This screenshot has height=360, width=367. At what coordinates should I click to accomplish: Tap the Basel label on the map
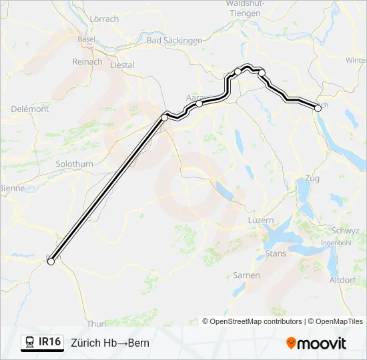click(x=87, y=39)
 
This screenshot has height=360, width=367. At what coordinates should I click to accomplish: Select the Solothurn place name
click(x=75, y=163)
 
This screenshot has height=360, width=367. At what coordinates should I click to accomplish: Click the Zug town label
click(x=312, y=179)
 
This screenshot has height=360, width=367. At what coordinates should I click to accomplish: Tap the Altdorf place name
click(x=343, y=280)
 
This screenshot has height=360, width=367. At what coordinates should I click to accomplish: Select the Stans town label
click(x=276, y=254)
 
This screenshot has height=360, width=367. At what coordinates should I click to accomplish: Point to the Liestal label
click(x=121, y=65)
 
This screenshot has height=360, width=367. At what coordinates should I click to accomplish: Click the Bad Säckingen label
click(x=174, y=41)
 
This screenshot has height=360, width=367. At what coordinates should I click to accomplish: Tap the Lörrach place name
click(x=103, y=19)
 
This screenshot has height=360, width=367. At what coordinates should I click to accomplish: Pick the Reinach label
click(x=88, y=61)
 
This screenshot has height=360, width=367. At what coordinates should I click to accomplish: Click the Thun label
click(x=96, y=323)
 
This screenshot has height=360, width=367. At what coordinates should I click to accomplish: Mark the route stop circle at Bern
click(x=50, y=262)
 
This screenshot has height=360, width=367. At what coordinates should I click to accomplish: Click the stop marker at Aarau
click(x=199, y=103)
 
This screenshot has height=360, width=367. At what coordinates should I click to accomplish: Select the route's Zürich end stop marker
click(x=317, y=107)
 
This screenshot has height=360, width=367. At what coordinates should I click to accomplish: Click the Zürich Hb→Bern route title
click(x=110, y=343)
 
